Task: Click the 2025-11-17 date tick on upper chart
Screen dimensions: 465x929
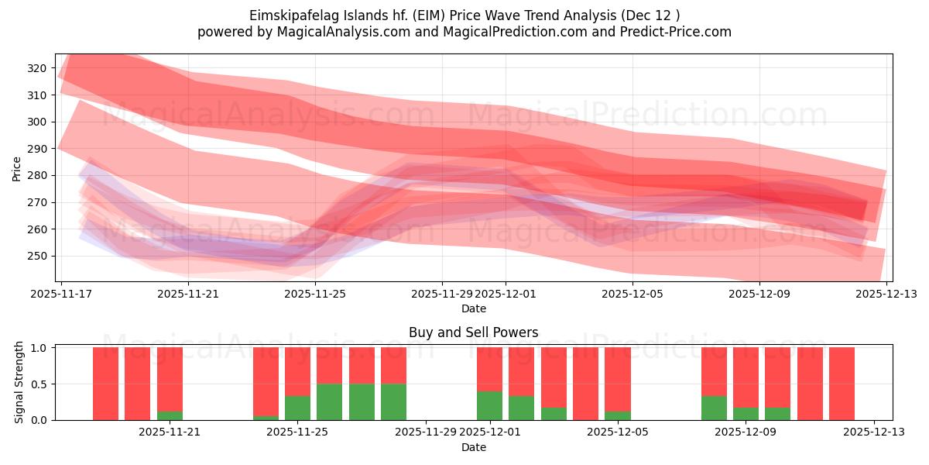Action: pos(62,294)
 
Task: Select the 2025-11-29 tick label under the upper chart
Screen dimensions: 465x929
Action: pos(441,294)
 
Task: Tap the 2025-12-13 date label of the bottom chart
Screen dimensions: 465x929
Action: pos(874,432)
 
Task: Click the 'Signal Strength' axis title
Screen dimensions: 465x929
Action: pos(19,384)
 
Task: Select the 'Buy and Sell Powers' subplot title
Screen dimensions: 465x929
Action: pos(473,333)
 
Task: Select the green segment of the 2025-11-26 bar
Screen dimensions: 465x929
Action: pos(330,402)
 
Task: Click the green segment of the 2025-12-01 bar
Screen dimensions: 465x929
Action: pos(489,406)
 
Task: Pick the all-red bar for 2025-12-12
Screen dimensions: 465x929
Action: pos(842,384)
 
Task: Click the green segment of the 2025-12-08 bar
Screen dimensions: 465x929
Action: pos(714,408)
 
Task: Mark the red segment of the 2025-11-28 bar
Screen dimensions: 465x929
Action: pos(393,365)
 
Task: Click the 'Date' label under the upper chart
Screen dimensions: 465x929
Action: pos(473,308)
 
